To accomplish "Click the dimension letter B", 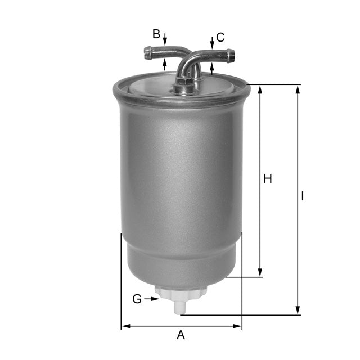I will [x=156, y=34].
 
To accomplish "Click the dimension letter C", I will [x=220, y=38].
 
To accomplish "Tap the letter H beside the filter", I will [x=268, y=179].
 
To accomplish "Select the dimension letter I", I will [x=303, y=196].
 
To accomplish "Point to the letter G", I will [x=137, y=299].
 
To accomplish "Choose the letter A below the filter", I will [x=181, y=335].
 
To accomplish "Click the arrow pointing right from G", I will [x=153, y=299].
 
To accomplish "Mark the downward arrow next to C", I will [x=212, y=43].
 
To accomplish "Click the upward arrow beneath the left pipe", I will [x=165, y=63].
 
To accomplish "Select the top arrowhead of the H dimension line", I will [x=260, y=89].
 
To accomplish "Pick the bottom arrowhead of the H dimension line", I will [x=260, y=272].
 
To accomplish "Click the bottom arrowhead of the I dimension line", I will [x=298, y=310].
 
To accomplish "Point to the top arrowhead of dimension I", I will [x=298, y=89].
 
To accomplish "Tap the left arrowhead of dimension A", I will [x=125, y=326].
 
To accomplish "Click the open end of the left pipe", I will [x=147, y=53].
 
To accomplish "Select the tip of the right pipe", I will [x=231, y=55].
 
